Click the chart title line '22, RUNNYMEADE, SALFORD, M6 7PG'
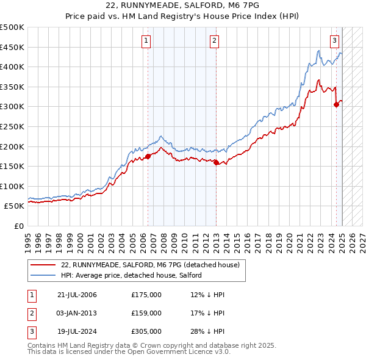(x=183, y=6)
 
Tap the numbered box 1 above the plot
(x=147, y=41)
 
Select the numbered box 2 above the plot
(x=215, y=41)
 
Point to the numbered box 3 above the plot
(x=335, y=41)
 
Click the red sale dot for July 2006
(x=148, y=156)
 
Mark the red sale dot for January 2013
(x=217, y=162)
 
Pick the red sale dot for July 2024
(x=336, y=104)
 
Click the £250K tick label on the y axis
(x=12, y=126)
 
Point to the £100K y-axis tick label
(x=12, y=186)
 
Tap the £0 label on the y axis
(x=18, y=226)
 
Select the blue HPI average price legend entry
(x=134, y=276)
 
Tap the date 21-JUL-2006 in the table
(x=77, y=295)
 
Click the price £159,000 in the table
(x=146, y=313)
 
